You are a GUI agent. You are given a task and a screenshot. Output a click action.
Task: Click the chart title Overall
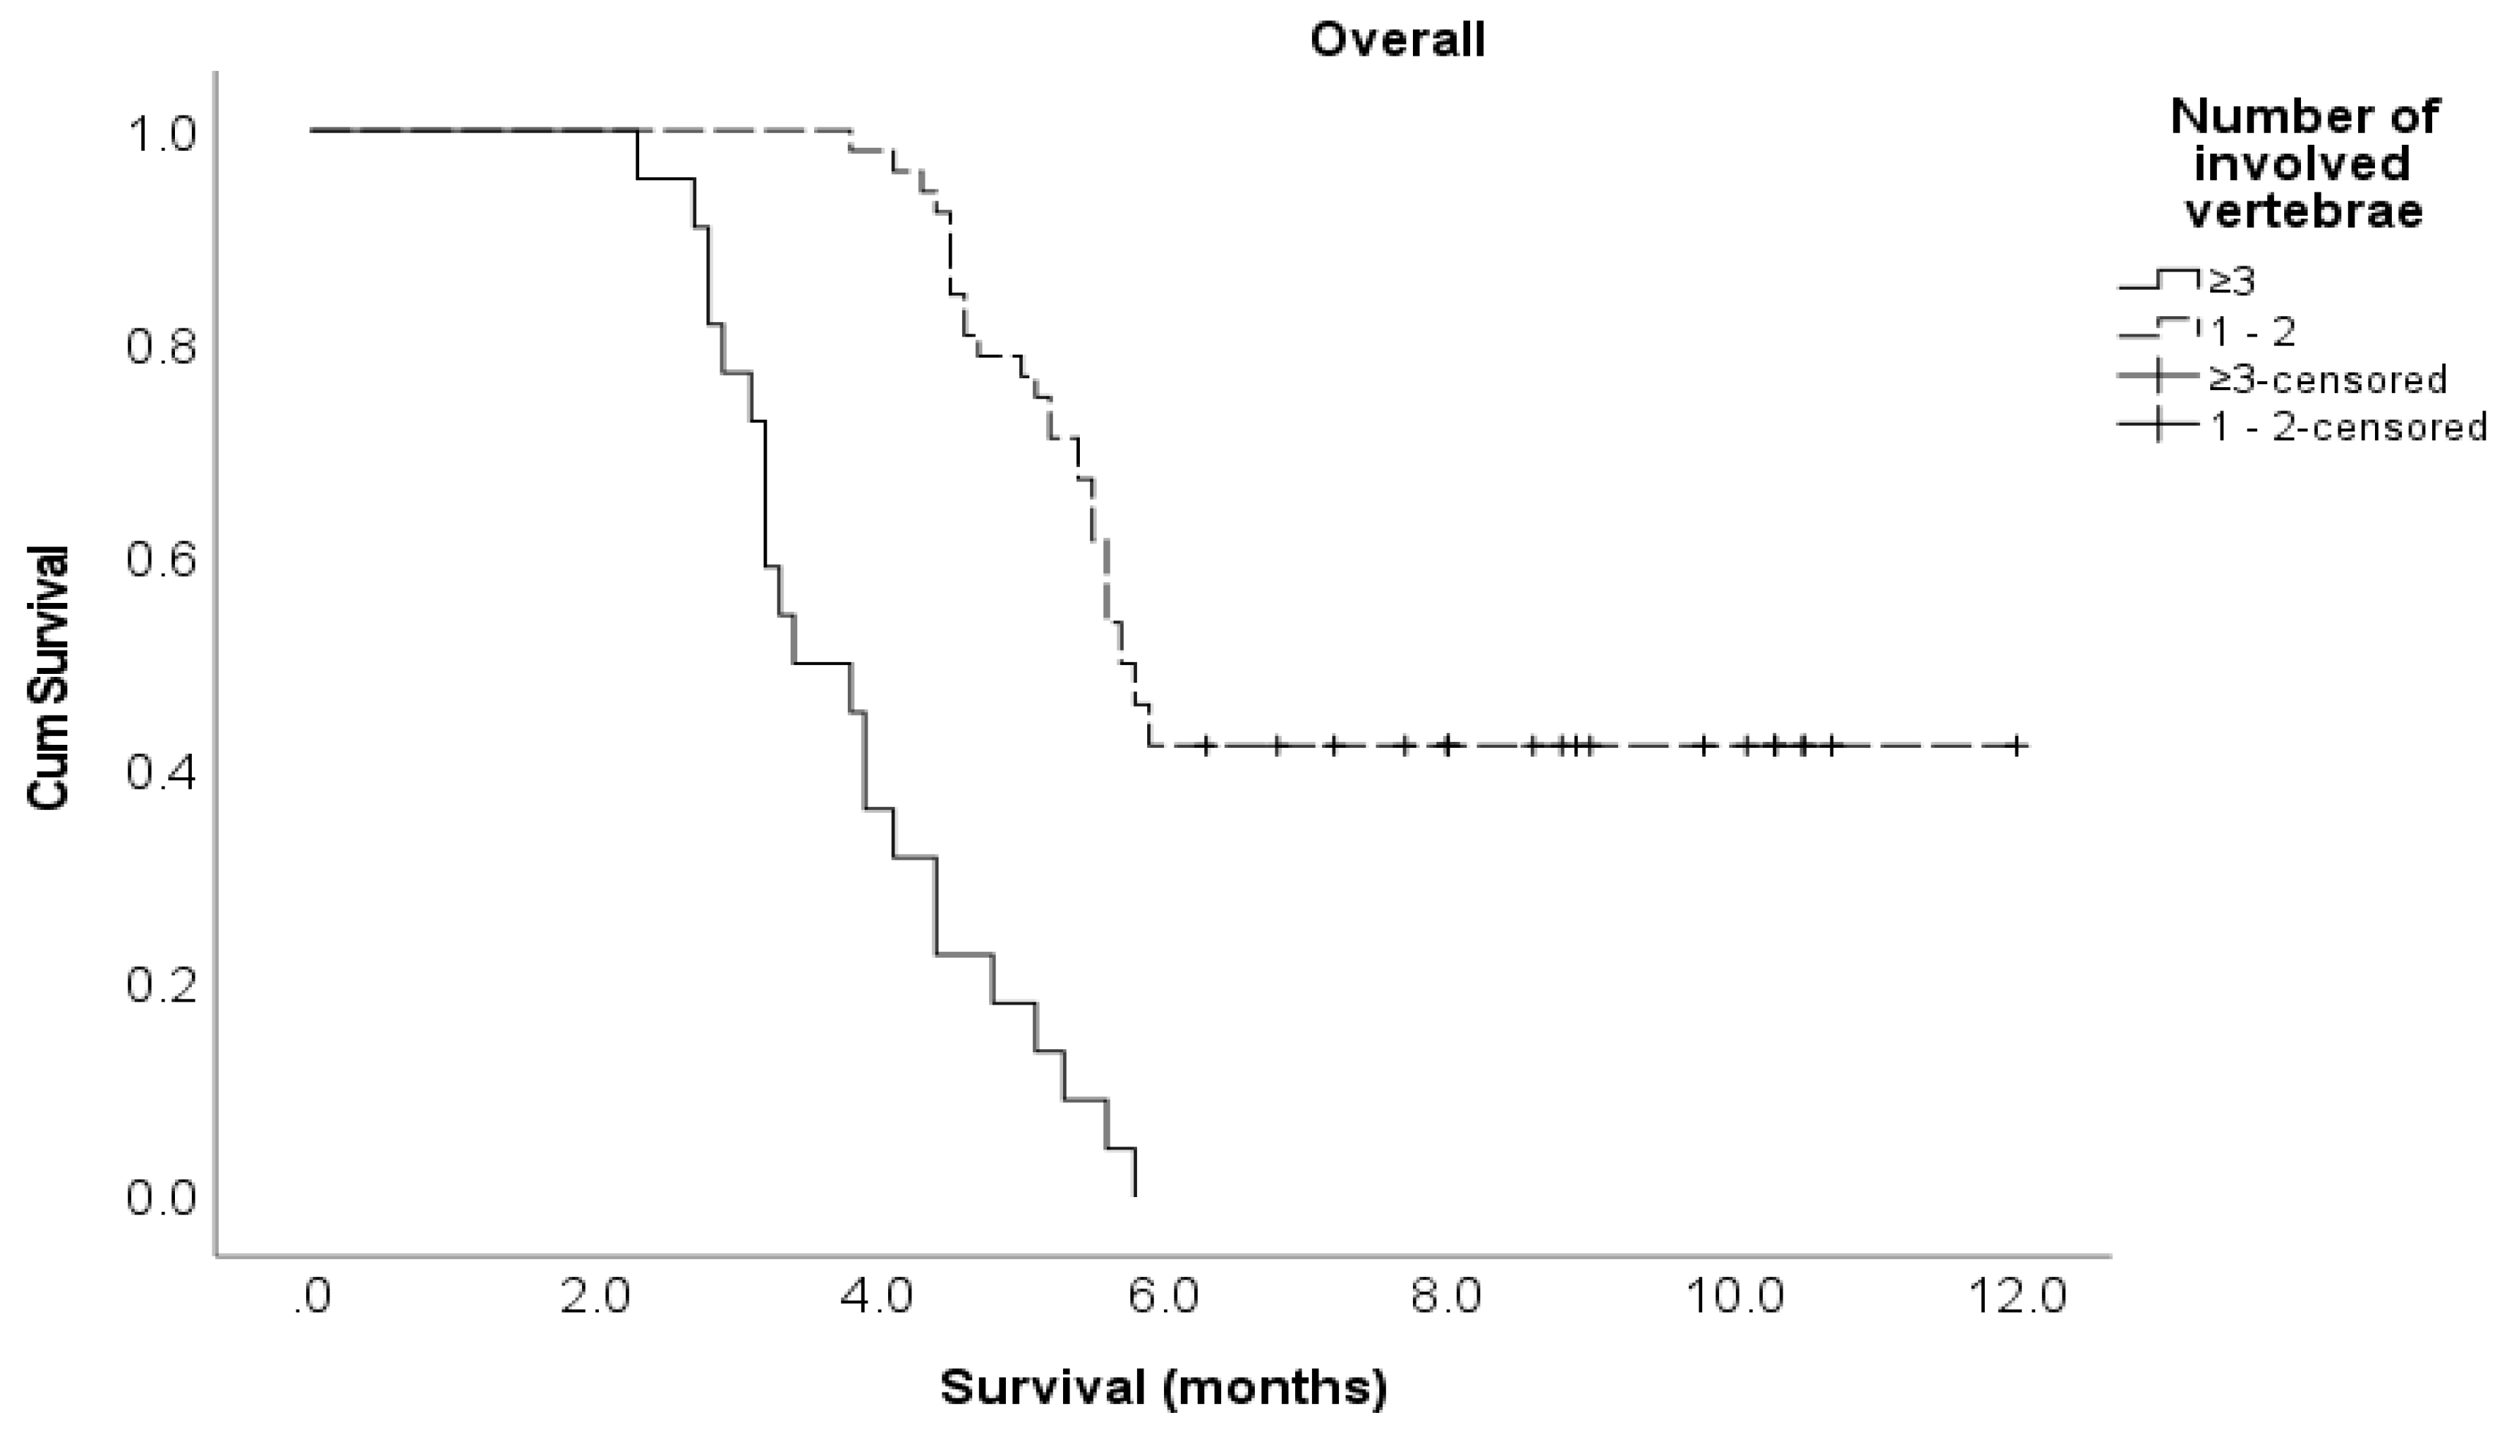pyautogui.click(x=1397, y=40)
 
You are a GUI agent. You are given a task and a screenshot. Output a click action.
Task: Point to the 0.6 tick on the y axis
pyautogui.click(x=161, y=560)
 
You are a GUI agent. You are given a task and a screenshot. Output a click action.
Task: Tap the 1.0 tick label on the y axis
pyautogui.click(x=161, y=135)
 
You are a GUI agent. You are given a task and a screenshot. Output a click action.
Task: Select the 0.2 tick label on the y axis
pyautogui.click(x=161, y=986)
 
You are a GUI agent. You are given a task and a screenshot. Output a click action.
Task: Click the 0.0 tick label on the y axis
pyautogui.click(x=161, y=1198)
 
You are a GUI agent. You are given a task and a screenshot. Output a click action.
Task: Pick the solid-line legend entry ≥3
pyautogui.click(x=2231, y=282)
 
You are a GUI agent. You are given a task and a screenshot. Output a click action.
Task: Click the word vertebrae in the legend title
pyautogui.click(x=2303, y=211)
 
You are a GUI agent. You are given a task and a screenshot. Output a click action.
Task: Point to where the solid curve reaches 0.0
pyautogui.click(x=1135, y=1196)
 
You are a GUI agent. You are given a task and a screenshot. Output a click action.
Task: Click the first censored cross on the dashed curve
pyautogui.click(x=1205, y=746)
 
